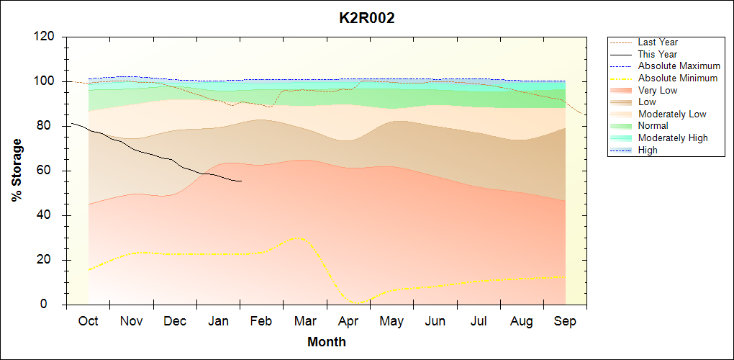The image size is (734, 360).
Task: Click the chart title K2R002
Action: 366,19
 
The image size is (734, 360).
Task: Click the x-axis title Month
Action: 327,342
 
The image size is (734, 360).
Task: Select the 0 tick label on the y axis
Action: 51,305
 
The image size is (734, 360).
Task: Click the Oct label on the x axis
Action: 88,321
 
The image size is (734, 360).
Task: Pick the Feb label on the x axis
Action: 261,321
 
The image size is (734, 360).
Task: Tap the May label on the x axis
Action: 391,321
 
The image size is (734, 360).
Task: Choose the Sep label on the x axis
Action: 565,321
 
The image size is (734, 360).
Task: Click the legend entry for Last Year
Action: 658,42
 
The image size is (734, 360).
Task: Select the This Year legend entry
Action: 658,54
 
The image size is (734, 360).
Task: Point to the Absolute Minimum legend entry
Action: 678,78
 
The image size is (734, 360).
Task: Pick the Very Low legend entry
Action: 658,90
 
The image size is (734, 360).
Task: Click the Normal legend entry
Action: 653,126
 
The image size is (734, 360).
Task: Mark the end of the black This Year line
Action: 241,181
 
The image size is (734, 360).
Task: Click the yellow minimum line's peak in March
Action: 296,238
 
